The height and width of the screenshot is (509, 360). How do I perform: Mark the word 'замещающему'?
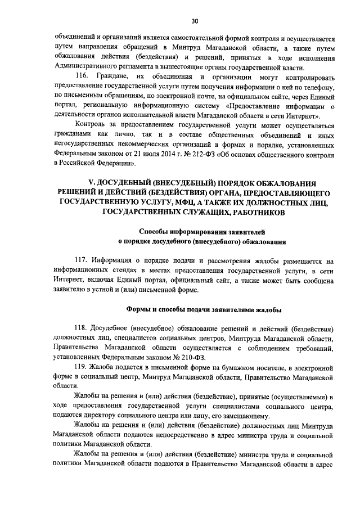tap(245, 416)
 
